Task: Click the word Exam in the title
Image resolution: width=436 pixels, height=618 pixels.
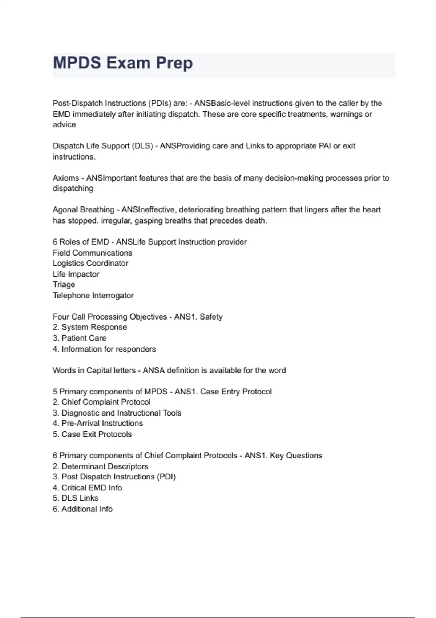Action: click(128, 63)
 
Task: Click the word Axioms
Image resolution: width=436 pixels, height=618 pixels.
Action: click(66, 178)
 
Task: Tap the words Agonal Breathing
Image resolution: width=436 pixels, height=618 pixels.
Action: click(83, 210)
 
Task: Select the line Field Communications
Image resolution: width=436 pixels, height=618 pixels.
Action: click(92, 253)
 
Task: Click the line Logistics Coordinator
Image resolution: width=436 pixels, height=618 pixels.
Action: click(90, 263)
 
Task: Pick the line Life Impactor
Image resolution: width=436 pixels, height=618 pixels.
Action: click(76, 274)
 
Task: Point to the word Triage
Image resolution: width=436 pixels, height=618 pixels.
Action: click(64, 285)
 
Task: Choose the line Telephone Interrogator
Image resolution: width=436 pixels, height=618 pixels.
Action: click(93, 296)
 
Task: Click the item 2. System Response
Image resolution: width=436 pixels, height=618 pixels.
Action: click(90, 327)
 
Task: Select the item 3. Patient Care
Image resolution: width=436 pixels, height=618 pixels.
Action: click(80, 338)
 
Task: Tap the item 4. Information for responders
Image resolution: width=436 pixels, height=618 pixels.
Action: click(104, 349)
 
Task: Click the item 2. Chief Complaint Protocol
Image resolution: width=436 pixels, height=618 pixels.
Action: click(102, 402)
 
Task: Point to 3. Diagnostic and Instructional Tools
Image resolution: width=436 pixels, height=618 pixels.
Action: click(117, 413)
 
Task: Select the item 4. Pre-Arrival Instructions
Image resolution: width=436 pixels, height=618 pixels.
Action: click(98, 424)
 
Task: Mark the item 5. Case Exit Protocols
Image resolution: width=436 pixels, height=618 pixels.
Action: click(92, 434)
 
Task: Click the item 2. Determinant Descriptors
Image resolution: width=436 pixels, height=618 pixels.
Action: click(100, 466)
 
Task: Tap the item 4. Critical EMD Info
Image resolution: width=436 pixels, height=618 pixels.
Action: click(87, 488)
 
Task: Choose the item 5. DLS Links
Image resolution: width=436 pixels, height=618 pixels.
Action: click(76, 498)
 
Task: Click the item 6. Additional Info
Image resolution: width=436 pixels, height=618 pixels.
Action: click(83, 509)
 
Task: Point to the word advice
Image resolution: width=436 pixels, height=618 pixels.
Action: click(64, 125)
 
